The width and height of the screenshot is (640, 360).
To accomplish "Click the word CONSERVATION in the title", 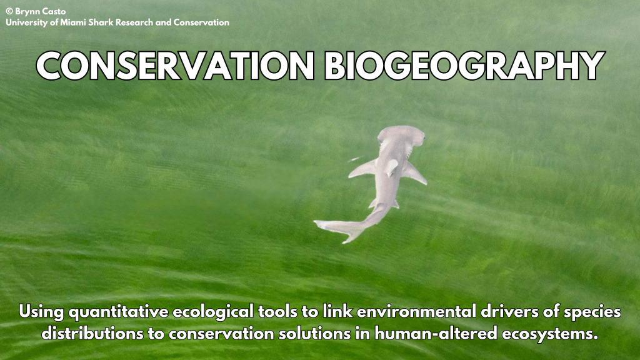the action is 175,66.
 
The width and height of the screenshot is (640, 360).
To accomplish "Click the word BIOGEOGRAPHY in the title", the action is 464,66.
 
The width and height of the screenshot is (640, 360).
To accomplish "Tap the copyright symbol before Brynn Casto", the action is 9,11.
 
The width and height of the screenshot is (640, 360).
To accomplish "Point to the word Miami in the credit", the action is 73,22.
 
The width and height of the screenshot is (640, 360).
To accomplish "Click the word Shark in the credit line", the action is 101,22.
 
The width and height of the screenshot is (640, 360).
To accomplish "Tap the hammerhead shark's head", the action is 401,135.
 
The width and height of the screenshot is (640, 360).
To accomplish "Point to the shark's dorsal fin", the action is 391,167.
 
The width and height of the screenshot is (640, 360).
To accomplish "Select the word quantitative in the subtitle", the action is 118,312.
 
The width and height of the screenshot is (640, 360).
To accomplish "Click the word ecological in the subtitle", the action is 213,312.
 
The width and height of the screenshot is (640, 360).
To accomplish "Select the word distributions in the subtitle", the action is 92,334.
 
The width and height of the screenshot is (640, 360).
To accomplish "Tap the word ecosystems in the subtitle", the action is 550,334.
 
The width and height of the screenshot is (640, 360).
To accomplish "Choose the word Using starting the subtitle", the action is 41,312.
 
